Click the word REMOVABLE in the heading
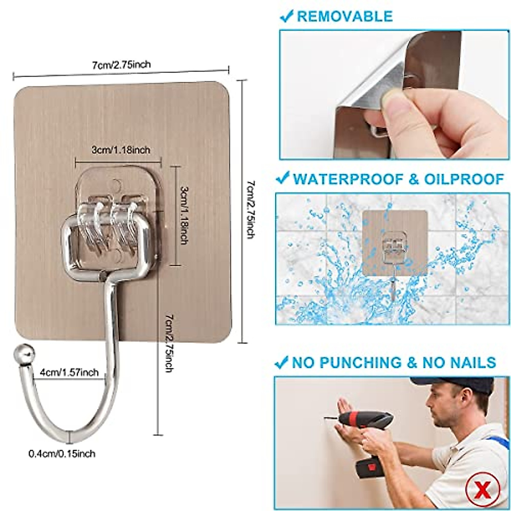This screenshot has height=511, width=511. [x=345, y=16]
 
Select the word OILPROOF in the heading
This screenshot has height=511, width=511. [x=462, y=179]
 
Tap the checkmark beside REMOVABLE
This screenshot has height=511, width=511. [x=286, y=16]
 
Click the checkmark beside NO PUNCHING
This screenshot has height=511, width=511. [x=281, y=362]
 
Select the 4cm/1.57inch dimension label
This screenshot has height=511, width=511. [x=69, y=372]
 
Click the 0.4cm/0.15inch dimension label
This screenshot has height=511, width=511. [x=62, y=454]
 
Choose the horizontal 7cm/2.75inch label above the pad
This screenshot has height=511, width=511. [x=121, y=65]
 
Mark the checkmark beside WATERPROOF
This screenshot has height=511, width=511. [x=282, y=179]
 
